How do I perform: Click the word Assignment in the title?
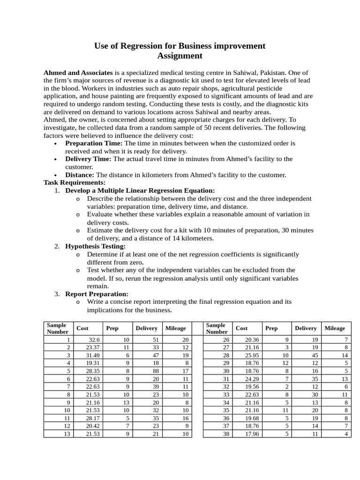[x=180, y=56]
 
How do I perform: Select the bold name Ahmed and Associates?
[x=78, y=73]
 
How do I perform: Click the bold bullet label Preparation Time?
[x=94, y=143]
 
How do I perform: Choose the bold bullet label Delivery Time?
[x=88, y=159]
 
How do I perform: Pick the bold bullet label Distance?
[x=80, y=175]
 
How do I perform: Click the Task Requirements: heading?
[x=75, y=182]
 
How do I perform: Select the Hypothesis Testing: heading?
[x=96, y=246]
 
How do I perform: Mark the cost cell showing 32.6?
[x=94, y=339]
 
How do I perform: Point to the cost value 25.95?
[x=251, y=355]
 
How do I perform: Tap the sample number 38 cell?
[x=226, y=434]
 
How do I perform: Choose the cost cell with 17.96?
[x=251, y=434]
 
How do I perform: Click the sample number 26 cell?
[x=226, y=339]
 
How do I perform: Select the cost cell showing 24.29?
[x=251, y=379]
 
